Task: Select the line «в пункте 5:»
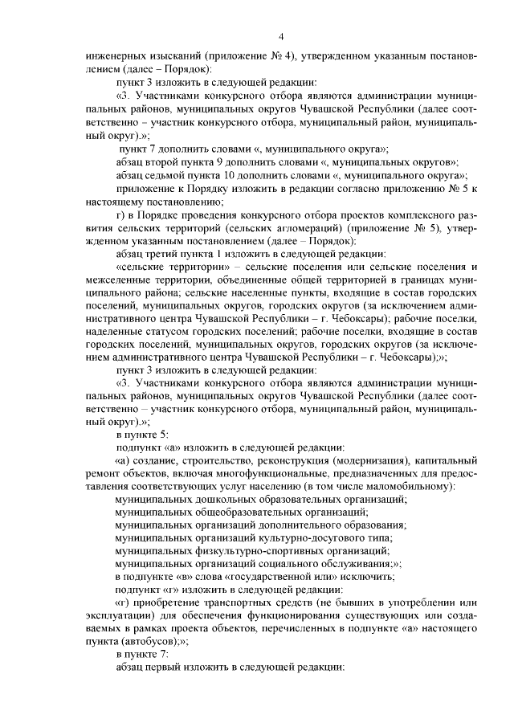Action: click(142, 434)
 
